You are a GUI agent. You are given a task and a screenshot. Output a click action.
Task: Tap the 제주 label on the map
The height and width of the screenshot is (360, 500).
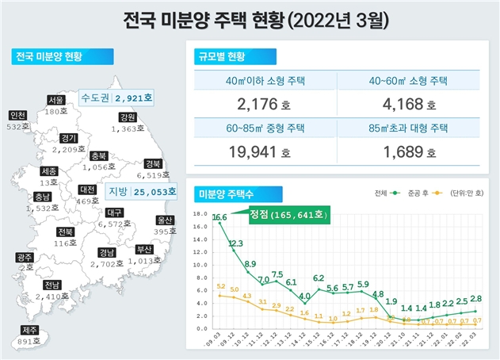tap(30, 330)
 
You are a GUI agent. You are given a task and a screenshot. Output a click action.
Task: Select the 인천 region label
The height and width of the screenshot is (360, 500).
tap(18, 115)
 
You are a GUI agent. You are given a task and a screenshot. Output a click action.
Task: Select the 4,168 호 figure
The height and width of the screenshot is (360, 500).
tap(408, 103)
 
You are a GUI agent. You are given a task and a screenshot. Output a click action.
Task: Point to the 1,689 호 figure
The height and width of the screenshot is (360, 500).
tap(408, 149)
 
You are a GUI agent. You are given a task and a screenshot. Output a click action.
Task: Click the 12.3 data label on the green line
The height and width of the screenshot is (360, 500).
tap(235, 243)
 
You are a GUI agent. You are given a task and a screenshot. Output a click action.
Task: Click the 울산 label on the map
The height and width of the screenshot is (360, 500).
tap(165, 220)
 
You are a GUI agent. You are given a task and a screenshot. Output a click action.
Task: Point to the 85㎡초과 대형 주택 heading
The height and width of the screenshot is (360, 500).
tap(408, 126)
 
